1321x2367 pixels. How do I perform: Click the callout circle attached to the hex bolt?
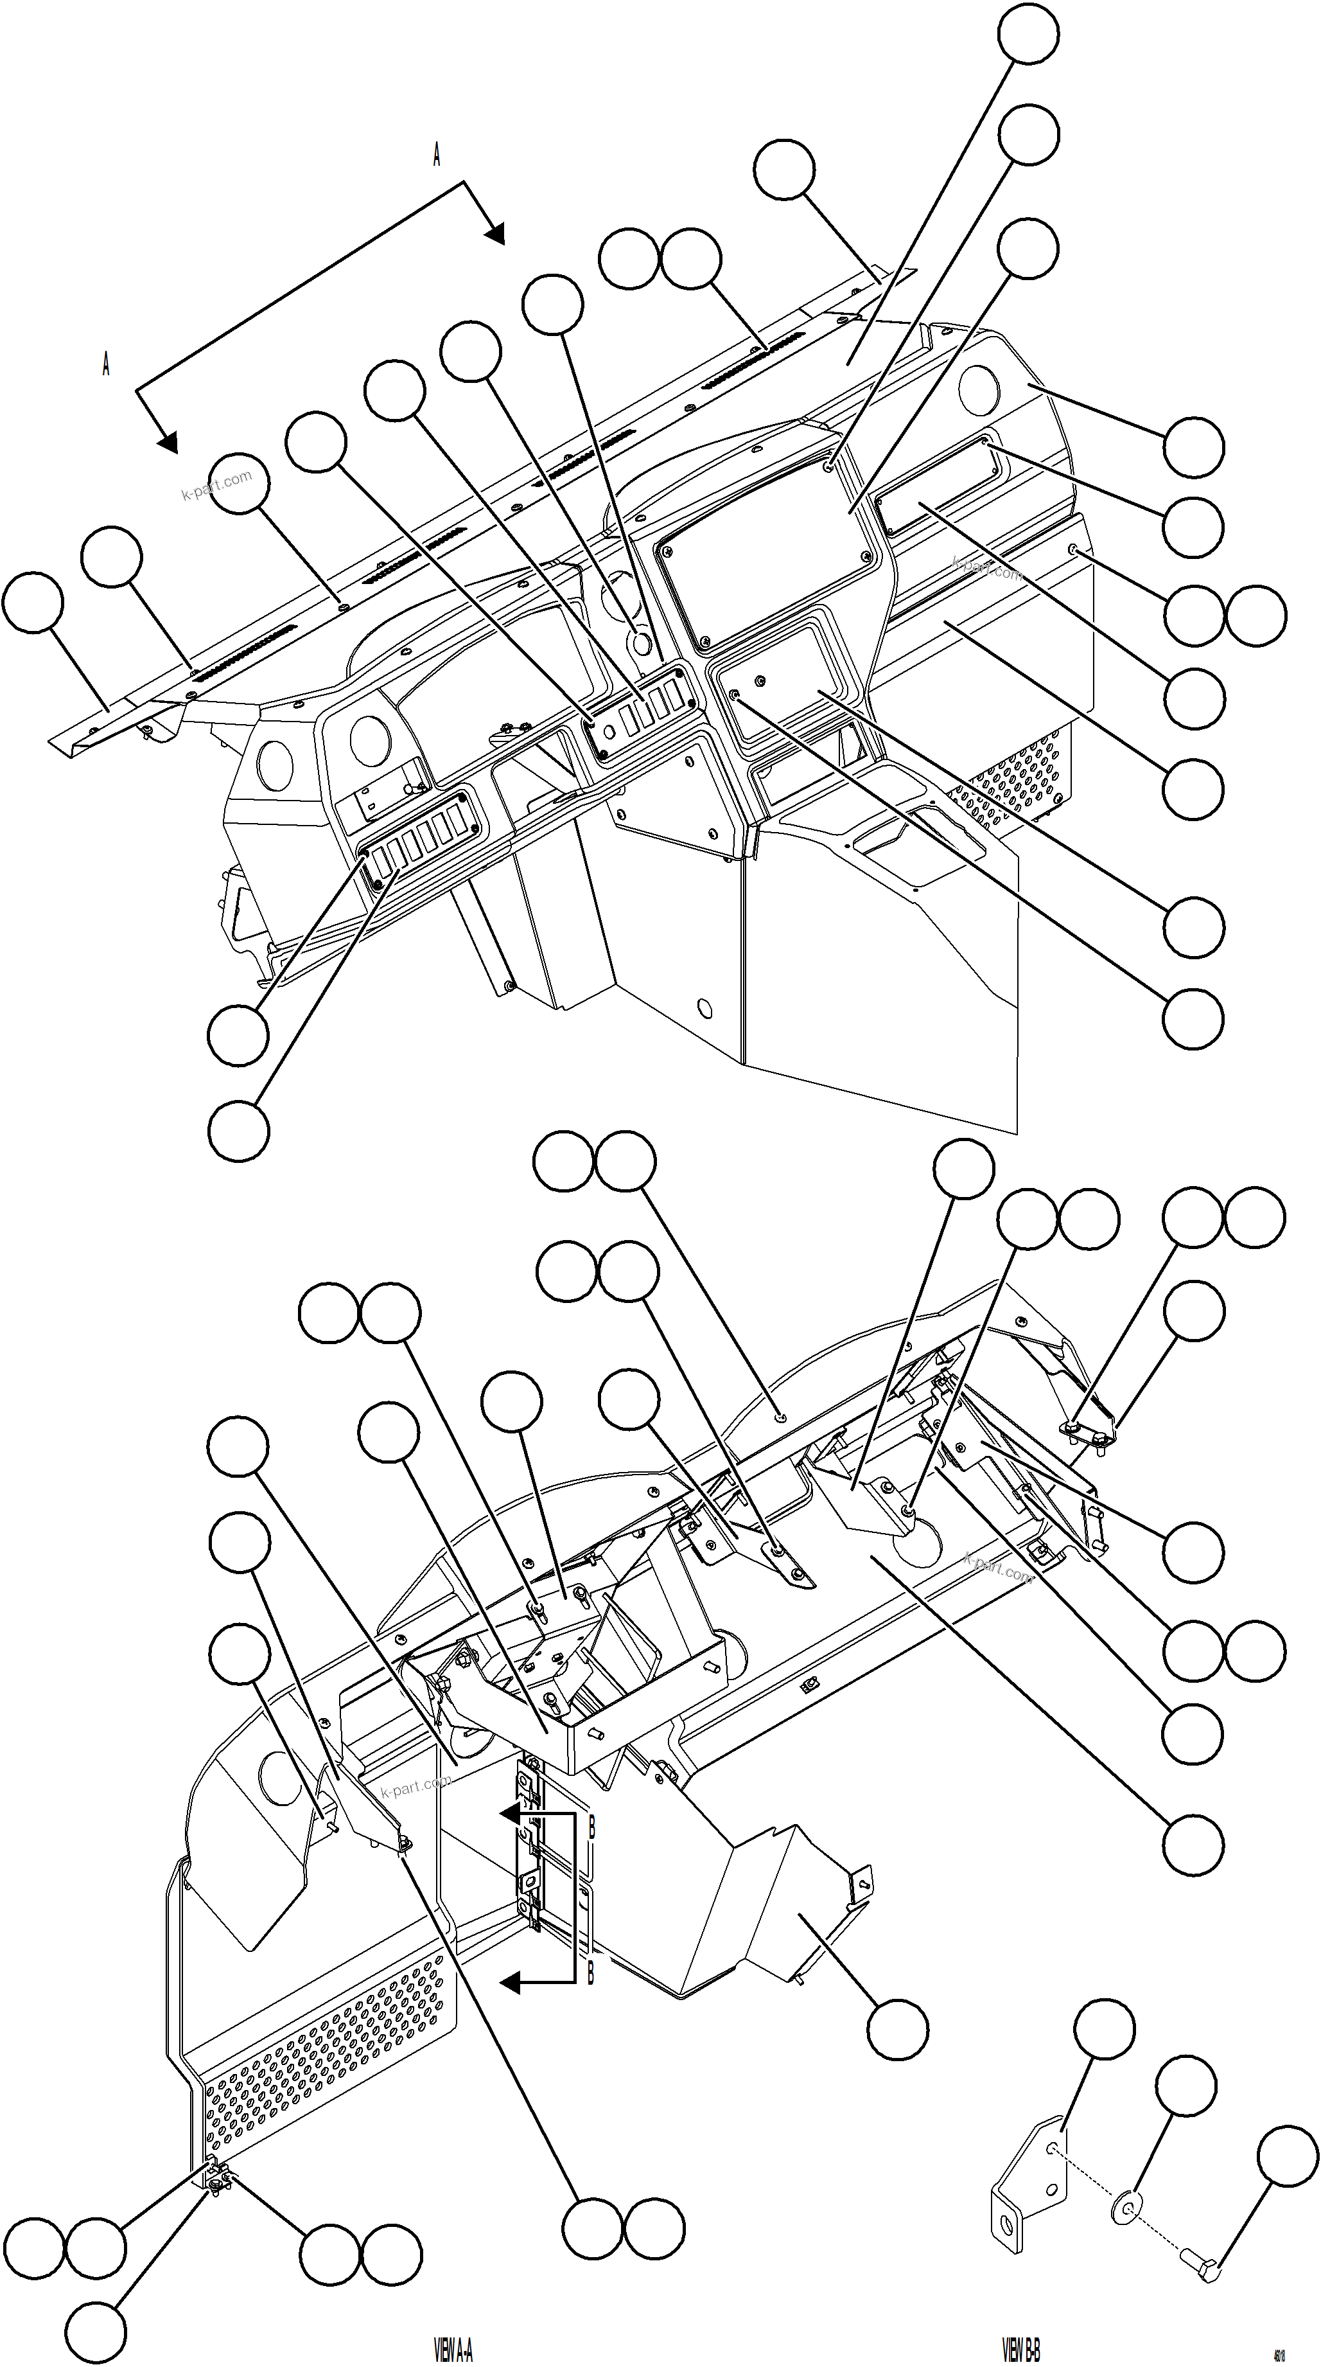click(1286, 2156)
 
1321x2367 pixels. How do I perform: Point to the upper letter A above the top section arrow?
click(436, 155)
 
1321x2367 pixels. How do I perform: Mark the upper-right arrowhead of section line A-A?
click(495, 235)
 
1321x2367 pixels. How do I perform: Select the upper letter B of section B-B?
click(591, 1828)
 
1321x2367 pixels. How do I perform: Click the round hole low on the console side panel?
click(704, 1008)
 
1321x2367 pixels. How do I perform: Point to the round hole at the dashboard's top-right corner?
click(977, 389)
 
